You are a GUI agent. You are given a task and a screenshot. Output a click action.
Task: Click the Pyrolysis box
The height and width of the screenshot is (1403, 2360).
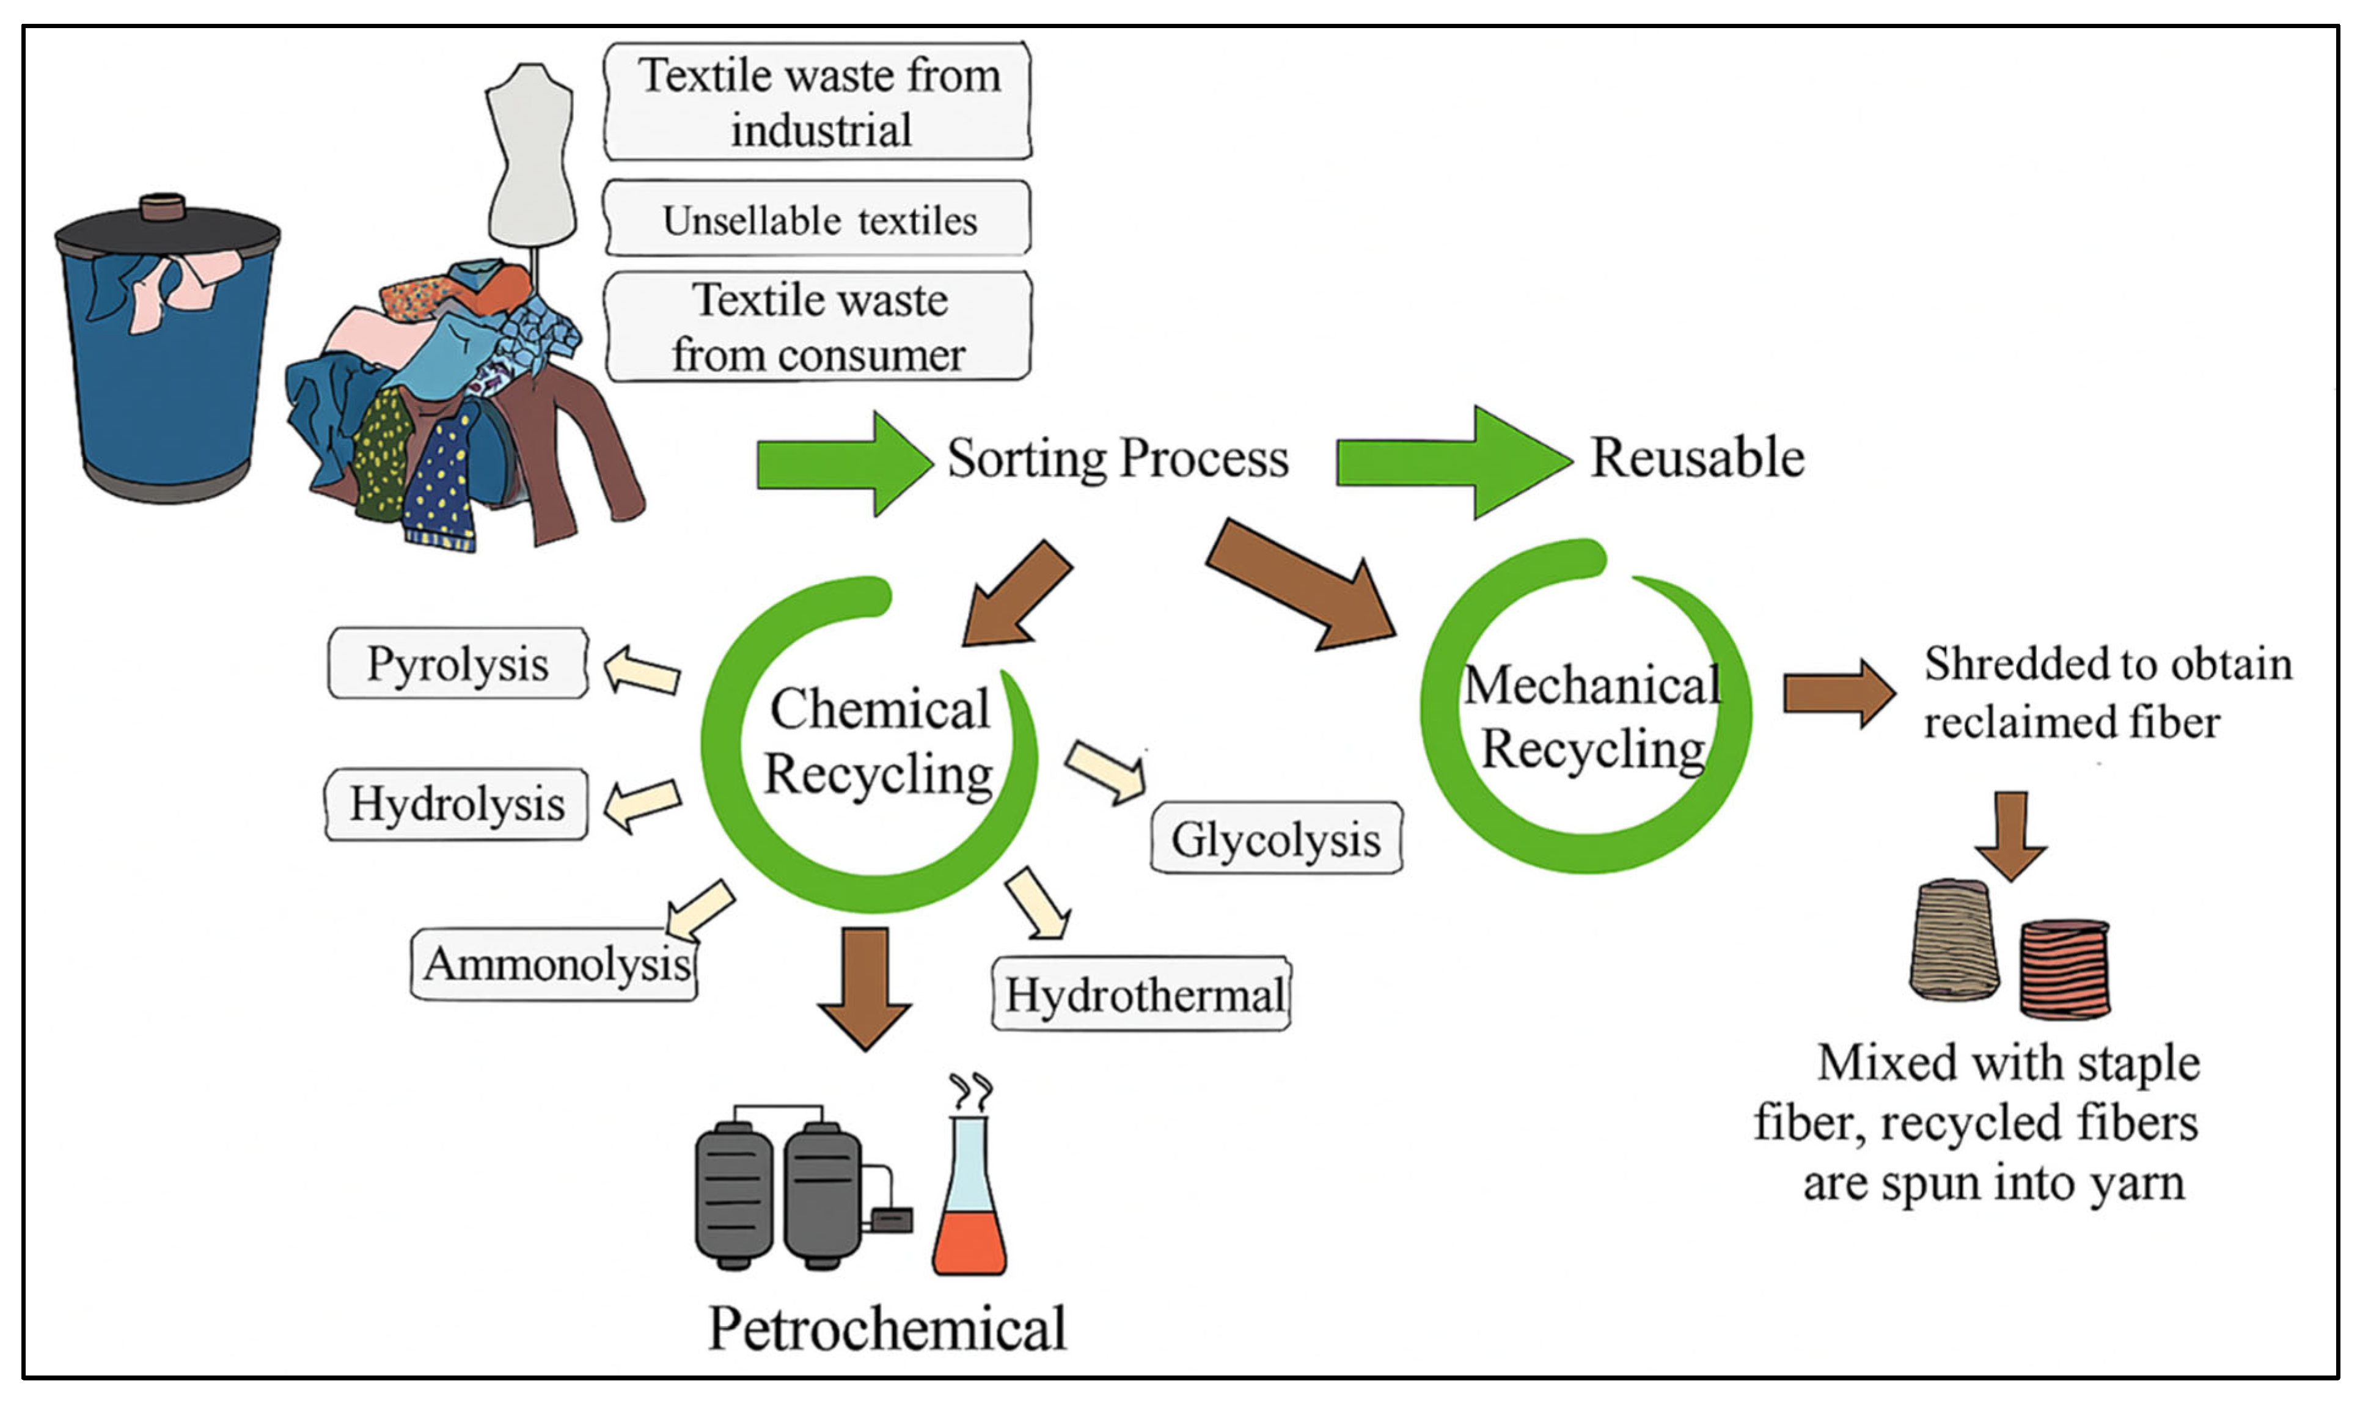click(x=458, y=664)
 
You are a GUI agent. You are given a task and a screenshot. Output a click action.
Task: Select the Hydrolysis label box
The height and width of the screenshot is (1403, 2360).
click(x=456, y=805)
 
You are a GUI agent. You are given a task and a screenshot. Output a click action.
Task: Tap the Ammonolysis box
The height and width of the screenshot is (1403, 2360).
click(x=555, y=964)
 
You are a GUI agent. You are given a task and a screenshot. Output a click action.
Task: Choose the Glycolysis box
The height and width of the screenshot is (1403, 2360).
click(x=1276, y=838)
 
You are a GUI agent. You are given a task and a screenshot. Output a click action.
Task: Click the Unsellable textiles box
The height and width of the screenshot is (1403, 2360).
click(x=818, y=219)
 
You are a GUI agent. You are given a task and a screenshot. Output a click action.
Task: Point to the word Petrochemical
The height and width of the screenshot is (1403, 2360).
click(x=887, y=1328)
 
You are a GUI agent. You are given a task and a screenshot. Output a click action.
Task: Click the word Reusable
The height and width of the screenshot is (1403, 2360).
click(x=1696, y=458)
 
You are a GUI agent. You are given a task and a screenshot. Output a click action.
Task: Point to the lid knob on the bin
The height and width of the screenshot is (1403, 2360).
click(x=163, y=206)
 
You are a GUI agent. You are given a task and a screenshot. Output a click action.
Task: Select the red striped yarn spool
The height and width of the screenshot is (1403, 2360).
click(x=2065, y=969)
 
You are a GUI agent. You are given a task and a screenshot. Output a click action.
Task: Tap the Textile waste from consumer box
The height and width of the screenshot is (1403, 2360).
click(x=818, y=327)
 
